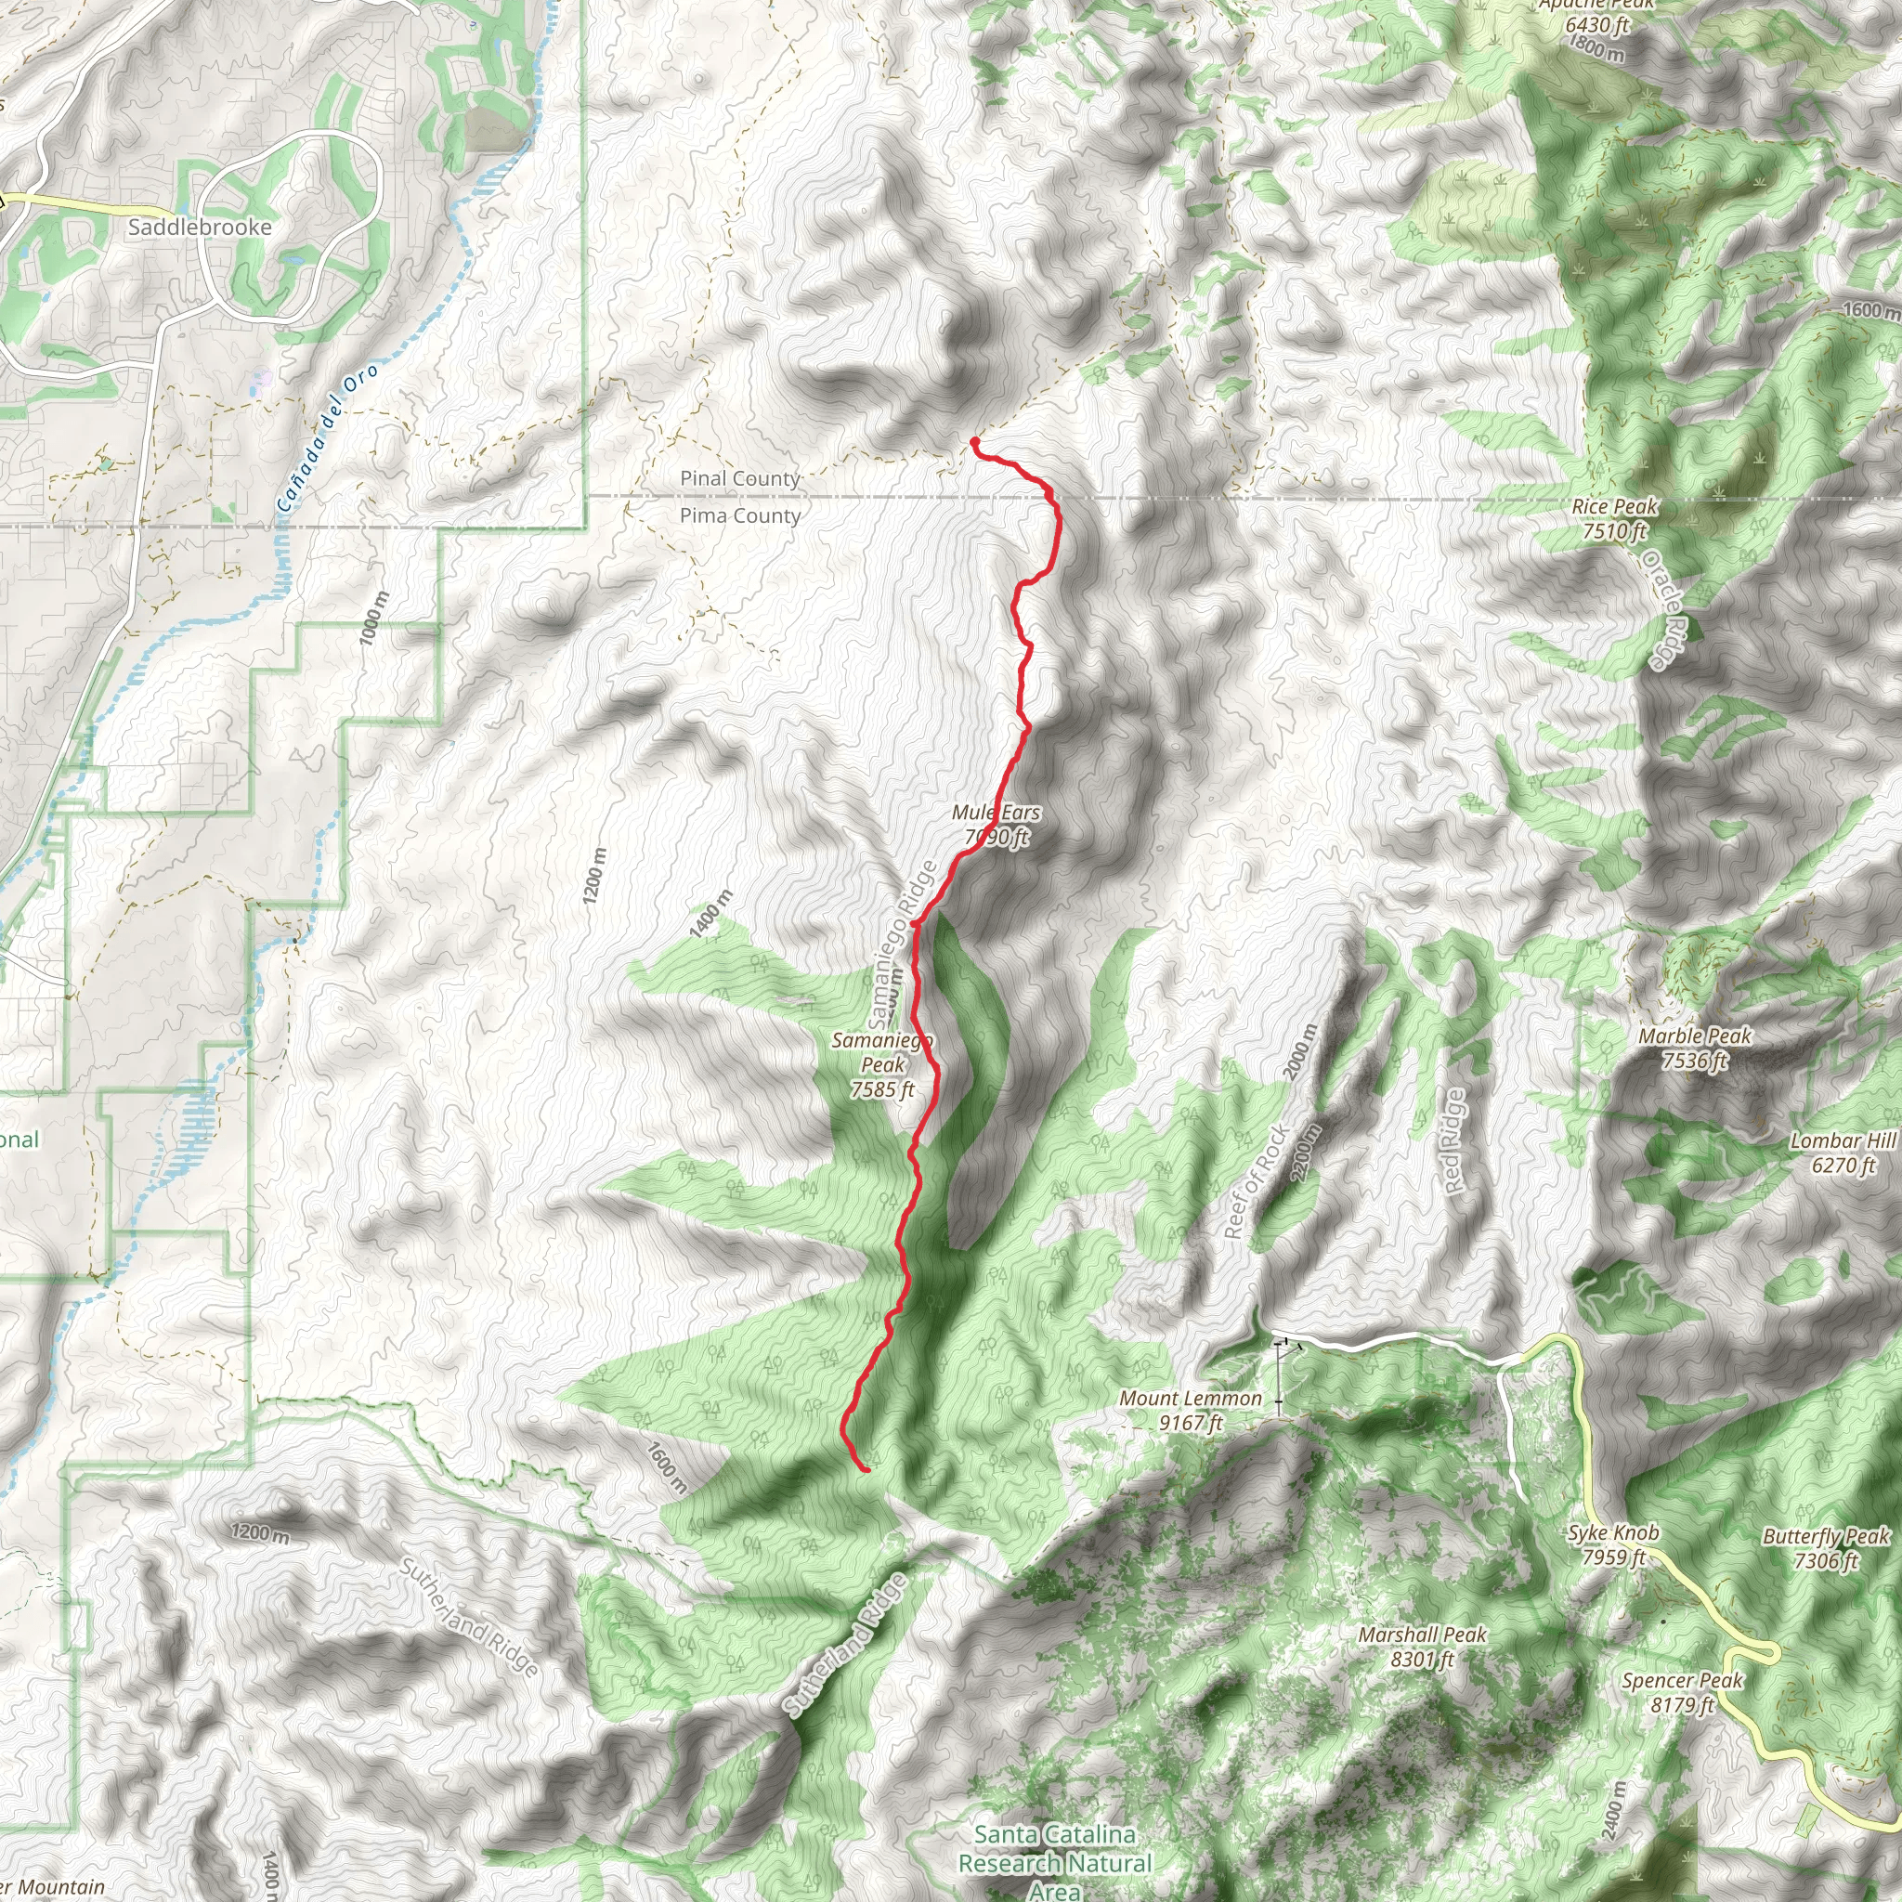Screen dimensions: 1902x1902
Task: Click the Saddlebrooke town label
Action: click(x=200, y=228)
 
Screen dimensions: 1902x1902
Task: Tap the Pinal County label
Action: click(x=739, y=478)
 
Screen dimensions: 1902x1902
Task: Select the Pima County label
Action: click(x=739, y=515)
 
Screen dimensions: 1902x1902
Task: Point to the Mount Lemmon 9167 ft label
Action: click(x=1191, y=1410)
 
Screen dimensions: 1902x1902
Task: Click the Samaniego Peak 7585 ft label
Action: click(x=883, y=1064)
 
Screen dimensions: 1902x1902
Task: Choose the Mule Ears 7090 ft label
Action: click(x=997, y=825)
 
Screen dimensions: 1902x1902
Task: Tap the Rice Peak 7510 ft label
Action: click(x=1614, y=519)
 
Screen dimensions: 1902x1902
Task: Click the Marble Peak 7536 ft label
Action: click(x=1695, y=1048)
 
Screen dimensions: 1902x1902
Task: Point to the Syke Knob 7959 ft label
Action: click(x=1613, y=1544)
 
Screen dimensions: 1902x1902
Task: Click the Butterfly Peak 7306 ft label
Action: click(x=1826, y=1547)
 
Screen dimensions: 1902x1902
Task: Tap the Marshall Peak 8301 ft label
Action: click(x=1423, y=1646)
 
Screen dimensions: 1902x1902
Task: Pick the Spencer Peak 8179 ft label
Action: click(x=1683, y=1691)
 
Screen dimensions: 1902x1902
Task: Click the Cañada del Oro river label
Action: click(x=327, y=439)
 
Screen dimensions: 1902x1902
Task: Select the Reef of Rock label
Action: click(x=1257, y=1180)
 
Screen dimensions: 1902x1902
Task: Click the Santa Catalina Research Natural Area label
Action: click(x=1054, y=1863)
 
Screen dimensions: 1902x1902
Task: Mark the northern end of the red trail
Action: click(x=973, y=441)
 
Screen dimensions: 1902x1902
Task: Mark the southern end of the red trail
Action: click(x=866, y=1470)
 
